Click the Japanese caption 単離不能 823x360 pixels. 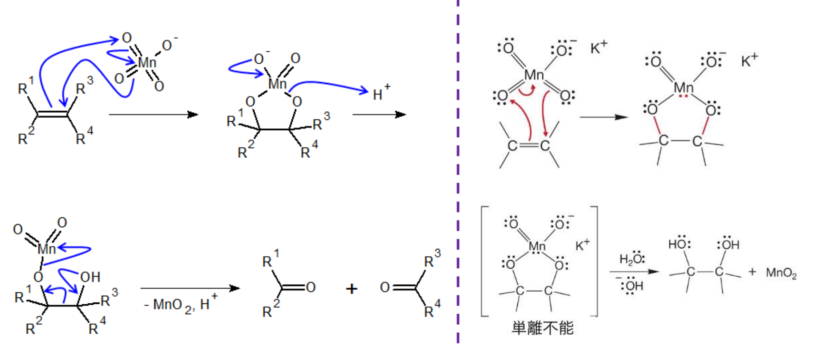point(542,328)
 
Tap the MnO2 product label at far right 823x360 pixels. point(781,273)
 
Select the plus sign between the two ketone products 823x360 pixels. point(352,289)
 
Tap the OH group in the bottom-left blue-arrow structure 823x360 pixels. point(90,277)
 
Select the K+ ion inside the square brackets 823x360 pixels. point(582,245)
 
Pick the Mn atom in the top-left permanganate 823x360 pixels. point(147,62)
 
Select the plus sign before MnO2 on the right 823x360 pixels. point(753,271)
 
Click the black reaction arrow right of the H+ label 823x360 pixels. point(379,115)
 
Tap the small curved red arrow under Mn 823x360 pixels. point(528,92)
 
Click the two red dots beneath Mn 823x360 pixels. point(684,96)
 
